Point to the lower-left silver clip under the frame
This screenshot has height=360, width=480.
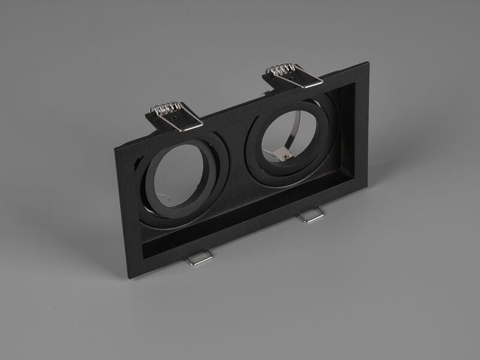(x=199, y=257)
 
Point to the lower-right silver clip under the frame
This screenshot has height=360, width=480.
(x=313, y=216)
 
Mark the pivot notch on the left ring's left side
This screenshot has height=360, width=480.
(x=139, y=165)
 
